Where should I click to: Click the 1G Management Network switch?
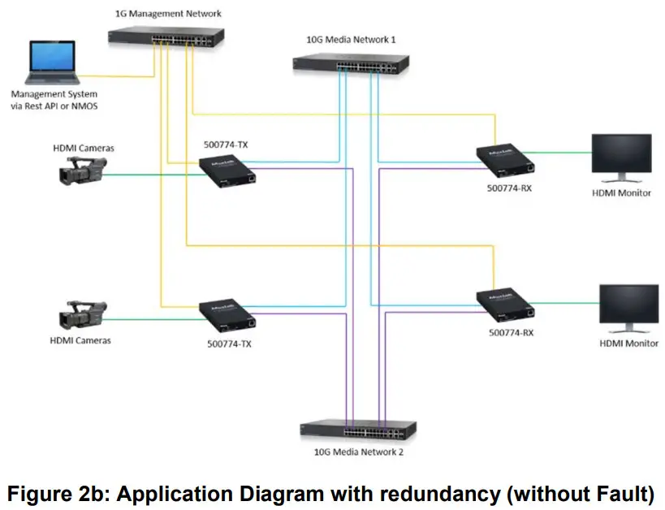pos(165,36)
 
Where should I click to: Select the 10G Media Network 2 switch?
pos(357,431)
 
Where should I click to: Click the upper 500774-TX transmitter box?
pos(230,171)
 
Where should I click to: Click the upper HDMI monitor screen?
pos(620,153)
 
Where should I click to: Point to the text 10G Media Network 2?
pos(356,452)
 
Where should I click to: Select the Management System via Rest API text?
pos(55,100)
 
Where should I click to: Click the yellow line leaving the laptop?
pos(122,77)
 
